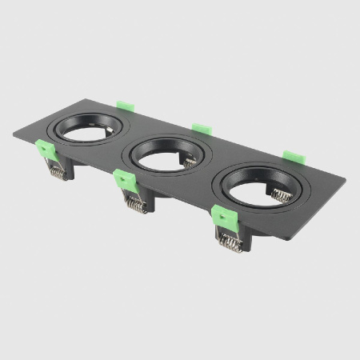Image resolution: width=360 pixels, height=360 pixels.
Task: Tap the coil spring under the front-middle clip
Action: [x=135, y=205]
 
